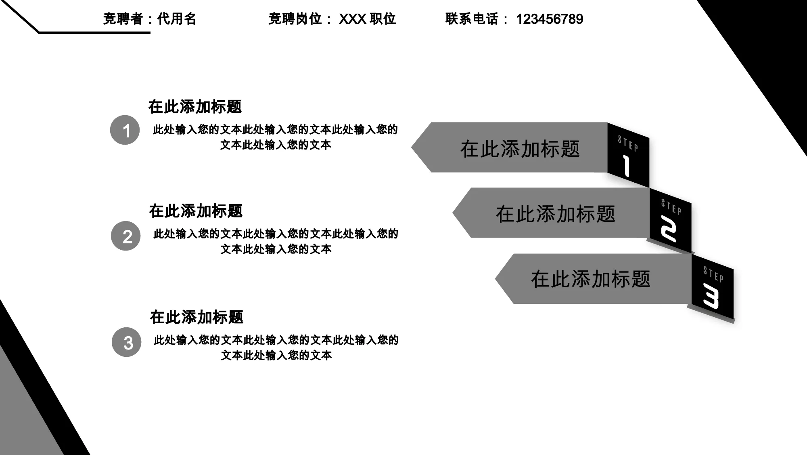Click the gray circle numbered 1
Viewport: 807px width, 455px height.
pyautogui.click(x=125, y=130)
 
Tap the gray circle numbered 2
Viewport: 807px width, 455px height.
pyautogui.click(x=126, y=236)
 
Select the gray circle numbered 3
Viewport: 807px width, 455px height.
pyautogui.click(x=127, y=342)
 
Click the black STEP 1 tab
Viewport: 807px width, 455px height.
pyautogui.click(x=628, y=155)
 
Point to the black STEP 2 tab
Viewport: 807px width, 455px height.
pyautogui.click(x=671, y=221)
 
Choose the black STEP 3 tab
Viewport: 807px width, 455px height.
pyautogui.click(x=713, y=286)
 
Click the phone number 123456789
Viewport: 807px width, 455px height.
pyautogui.click(x=550, y=19)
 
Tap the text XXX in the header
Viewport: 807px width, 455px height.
pyautogui.click(x=352, y=19)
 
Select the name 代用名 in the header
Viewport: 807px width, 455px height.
pyautogui.click(x=176, y=19)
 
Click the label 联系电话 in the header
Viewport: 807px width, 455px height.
pyautogui.click(x=472, y=19)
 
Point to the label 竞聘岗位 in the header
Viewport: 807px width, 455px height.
pyautogui.click(x=295, y=19)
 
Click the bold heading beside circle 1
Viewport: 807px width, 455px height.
pyautogui.click(x=195, y=107)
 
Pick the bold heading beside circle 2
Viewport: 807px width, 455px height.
pyautogui.click(x=196, y=211)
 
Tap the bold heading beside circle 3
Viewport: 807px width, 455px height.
pyautogui.click(x=197, y=317)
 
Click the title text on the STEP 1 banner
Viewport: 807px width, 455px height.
pyautogui.click(x=520, y=149)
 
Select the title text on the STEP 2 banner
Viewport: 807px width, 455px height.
pyautogui.click(x=556, y=214)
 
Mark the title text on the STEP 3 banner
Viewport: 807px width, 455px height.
pyautogui.click(x=591, y=279)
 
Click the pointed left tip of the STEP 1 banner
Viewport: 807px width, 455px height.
pyautogui.click(x=412, y=147)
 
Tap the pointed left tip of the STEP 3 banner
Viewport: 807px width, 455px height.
pyautogui.click(x=495, y=279)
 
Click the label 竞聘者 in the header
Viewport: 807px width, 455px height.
pyautogui.click(x=123, y=19)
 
